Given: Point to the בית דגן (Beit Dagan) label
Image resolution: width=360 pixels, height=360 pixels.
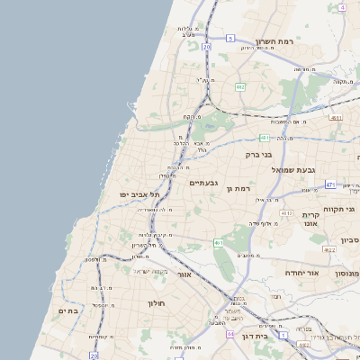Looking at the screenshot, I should (x=256, y=334).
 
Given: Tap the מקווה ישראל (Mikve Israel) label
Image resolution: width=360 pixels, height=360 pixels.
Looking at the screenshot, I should (x=152, y=271).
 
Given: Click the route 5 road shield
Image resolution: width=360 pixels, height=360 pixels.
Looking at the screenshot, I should (x=230, y=38).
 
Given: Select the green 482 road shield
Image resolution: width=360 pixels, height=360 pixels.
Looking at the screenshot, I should (x=240, y=86).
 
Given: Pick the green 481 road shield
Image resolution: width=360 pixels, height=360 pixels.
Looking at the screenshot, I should (x=264, y=138).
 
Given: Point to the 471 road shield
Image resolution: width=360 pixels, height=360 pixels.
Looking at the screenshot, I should (x=330, y=185).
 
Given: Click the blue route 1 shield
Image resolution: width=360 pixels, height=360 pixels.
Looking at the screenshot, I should (x=283, y=335).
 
